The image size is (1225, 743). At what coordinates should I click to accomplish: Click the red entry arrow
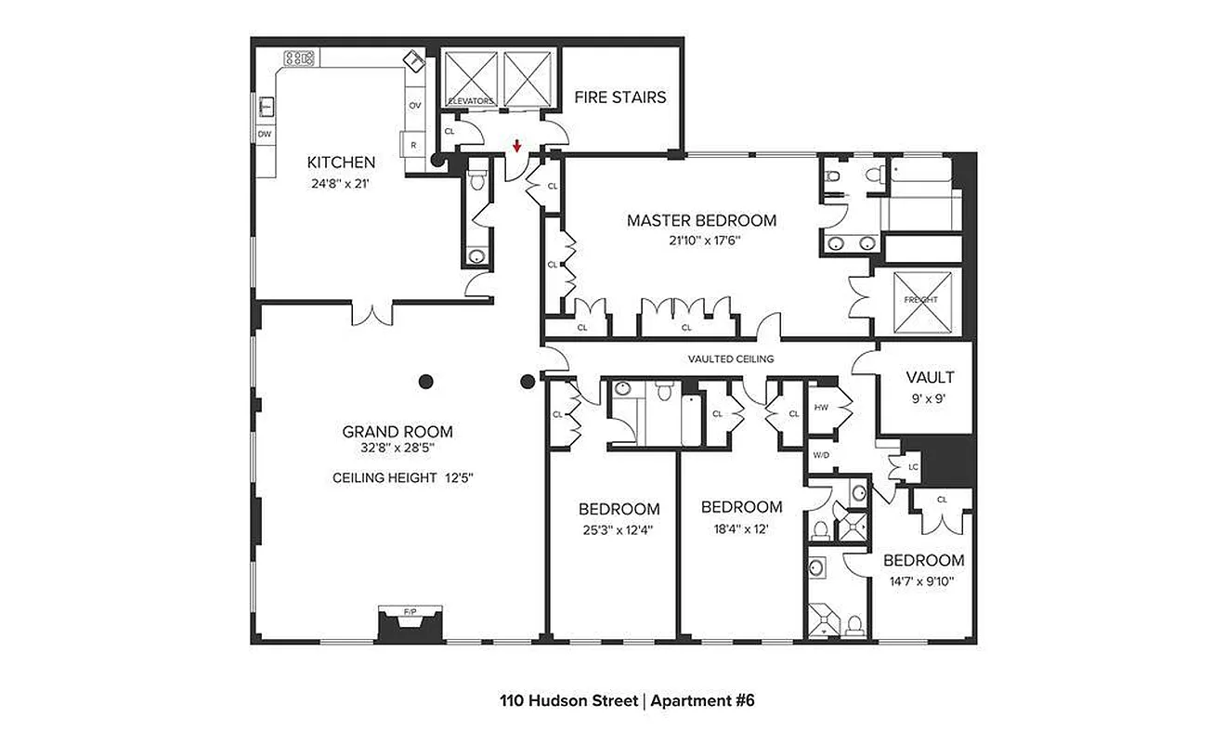(516, 147)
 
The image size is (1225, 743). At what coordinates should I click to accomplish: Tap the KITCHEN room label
(341, 163)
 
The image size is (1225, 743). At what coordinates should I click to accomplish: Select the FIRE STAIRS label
(619, 97)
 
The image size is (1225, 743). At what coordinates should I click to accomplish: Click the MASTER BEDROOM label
(701, 220)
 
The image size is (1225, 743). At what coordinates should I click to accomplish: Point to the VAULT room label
(930, 377)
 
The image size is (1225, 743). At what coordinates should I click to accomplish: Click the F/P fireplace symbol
(410, 612)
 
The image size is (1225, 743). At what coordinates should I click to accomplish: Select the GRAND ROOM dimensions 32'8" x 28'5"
(397, 448)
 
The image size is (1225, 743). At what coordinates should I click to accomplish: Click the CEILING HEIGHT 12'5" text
(397, 478)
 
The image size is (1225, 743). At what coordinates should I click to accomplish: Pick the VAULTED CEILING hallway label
(730, 358)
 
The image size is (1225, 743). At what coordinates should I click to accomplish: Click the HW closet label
(821, 408)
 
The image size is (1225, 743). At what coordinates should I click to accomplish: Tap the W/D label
(821, 455)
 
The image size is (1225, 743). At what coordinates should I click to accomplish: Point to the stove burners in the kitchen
(299, 59)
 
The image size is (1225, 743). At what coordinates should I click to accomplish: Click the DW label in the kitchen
(265, 135)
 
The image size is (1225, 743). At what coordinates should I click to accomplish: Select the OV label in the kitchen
(414, 105)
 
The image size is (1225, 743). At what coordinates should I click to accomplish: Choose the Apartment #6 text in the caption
(702, 701)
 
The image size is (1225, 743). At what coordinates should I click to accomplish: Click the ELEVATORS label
(470, 101)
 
